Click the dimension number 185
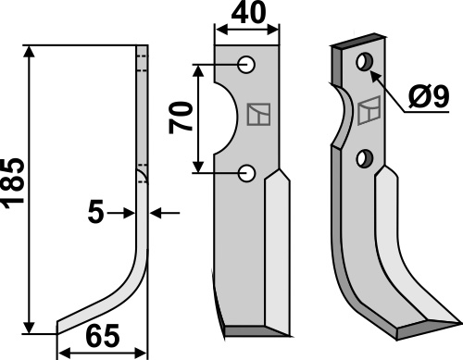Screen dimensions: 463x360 (12, 183)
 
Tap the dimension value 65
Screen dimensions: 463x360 (103, 336)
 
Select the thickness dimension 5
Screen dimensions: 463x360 (95, 213)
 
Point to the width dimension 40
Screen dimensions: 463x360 (248, 12)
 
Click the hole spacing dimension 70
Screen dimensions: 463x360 (181, 118)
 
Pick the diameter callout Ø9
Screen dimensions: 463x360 (429, 97)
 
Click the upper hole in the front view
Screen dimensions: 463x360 (246, 65)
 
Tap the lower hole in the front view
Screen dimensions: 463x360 (246, 173)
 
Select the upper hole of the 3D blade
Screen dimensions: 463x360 (365, 62)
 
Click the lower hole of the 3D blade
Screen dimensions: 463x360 (365, 159)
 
